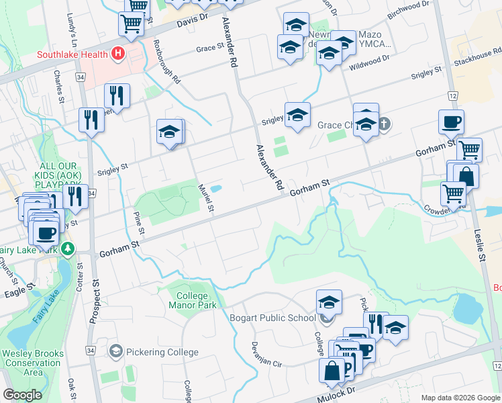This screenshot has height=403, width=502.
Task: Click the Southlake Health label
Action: coord(73,54)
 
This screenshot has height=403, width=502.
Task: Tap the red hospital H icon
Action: coord(119,53)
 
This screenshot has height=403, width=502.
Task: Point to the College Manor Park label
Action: coord(197,300)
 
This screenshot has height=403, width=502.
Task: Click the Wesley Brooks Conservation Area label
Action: coord(32,363)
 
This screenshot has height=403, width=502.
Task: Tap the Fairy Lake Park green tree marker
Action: coord(67,249)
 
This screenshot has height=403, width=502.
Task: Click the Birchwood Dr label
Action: coord(408,7)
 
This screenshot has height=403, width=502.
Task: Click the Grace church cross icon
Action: coord(383,124)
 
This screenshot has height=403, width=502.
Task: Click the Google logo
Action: coord(23,395)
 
